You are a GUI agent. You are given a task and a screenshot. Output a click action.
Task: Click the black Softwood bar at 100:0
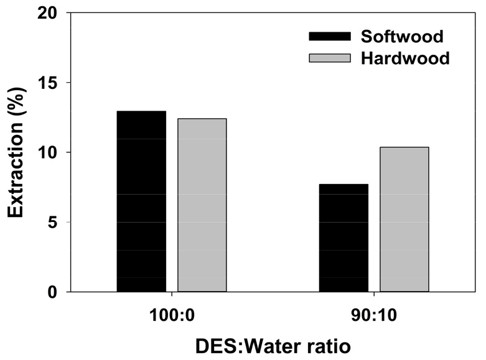pyautogui.click(x=141, y=201)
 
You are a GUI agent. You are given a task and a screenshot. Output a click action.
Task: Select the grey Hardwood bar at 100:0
pyautogui.click(x=202, y=205)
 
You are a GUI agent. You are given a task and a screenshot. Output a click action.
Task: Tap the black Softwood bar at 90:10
pyautogui.click(x=343, y=238)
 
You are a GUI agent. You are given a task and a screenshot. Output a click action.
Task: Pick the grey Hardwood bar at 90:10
pyautogui.click(x=404, y=219)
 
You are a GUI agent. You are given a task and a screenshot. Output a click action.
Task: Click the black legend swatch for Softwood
pyautogui.click(x=330, y=36)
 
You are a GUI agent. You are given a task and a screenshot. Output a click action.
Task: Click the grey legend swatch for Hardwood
pyautogui.click(x=330, y=58)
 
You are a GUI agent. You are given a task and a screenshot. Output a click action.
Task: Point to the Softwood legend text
pyautogui.click(x=402, y=36)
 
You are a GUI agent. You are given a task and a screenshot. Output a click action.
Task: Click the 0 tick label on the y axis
pyautogui.click(x=52, y=292)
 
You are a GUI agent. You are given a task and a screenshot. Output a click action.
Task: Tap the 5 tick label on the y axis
pyautogui.click(x=52, y=223)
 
